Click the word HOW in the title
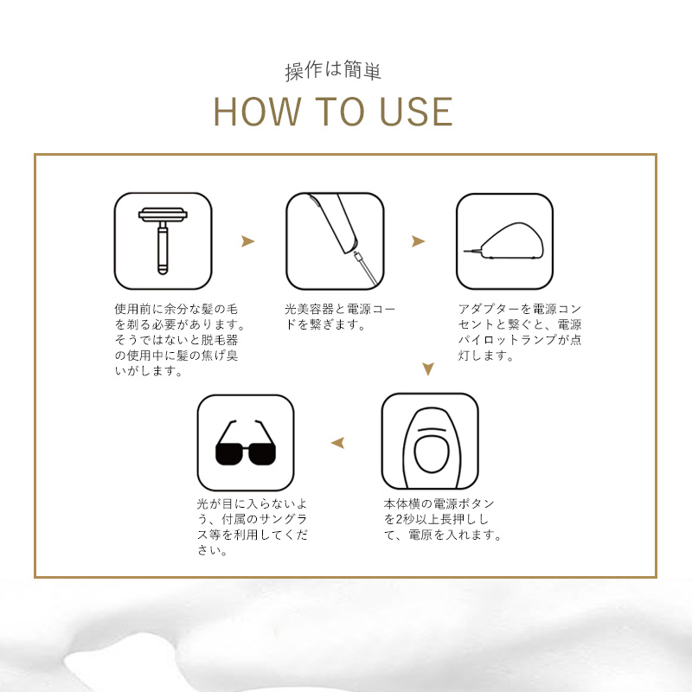point(256,112)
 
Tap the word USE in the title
point(416,112)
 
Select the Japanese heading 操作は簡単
point(333,70)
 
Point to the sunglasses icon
point(246,443)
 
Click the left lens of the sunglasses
point(228,454)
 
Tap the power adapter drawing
point(504,241)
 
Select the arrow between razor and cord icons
point(247,241)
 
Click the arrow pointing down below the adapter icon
point(427,368)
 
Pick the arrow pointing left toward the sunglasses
point(337,443)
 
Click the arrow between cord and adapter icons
point(418,241)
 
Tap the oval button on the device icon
point(431,454)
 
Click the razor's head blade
point(163,215)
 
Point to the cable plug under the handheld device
point(357,255)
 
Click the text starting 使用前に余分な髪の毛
point(179,340)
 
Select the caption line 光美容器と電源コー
point(340,309)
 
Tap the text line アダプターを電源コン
point(520,309)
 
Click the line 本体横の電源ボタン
point(439,503)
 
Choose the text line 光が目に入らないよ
point(252,503)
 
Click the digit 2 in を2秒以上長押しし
point(400,520)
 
